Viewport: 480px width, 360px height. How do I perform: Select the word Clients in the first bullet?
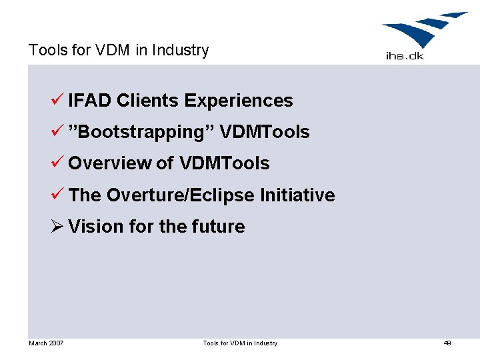147,101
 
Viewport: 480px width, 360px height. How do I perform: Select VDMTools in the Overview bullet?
224,163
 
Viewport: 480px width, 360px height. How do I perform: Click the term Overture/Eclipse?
181,195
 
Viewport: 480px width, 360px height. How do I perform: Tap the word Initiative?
297,195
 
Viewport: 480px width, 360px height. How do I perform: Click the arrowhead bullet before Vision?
57,227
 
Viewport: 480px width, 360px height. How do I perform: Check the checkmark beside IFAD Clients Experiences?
57,101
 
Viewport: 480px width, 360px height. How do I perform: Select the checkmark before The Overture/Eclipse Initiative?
57,195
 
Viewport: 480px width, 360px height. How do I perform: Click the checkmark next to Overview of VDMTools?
57,163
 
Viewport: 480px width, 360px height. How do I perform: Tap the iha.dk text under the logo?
405,56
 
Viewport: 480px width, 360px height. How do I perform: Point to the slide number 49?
447,343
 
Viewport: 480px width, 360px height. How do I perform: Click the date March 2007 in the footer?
46,343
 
